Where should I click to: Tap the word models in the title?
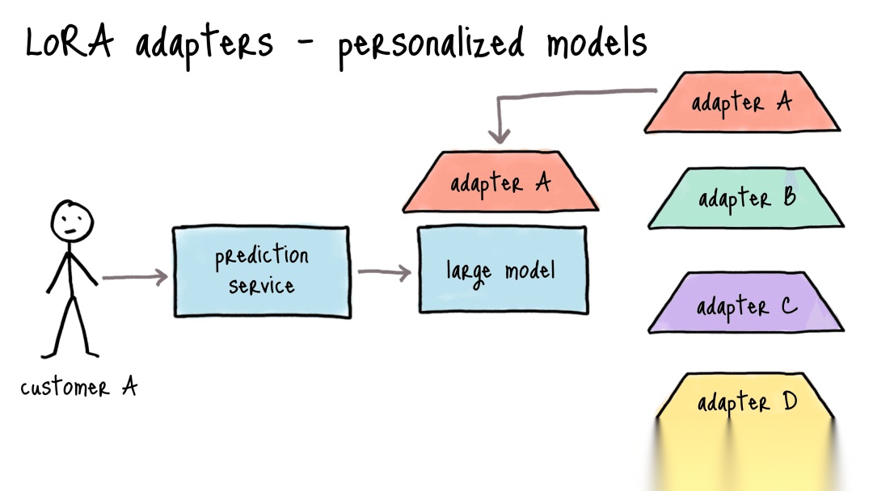pos(596,41)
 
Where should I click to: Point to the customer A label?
pos(78,388)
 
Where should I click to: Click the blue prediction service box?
pos(262,271)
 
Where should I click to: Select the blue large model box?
pos(501,270)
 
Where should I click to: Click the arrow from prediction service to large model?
pos(384,272)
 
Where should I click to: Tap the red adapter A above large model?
pos(500,183)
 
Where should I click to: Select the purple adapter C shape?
pos(745,305)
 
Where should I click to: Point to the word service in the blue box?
pos(261,286)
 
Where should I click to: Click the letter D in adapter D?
pos(789,401)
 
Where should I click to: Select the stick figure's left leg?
pos(58,327)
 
